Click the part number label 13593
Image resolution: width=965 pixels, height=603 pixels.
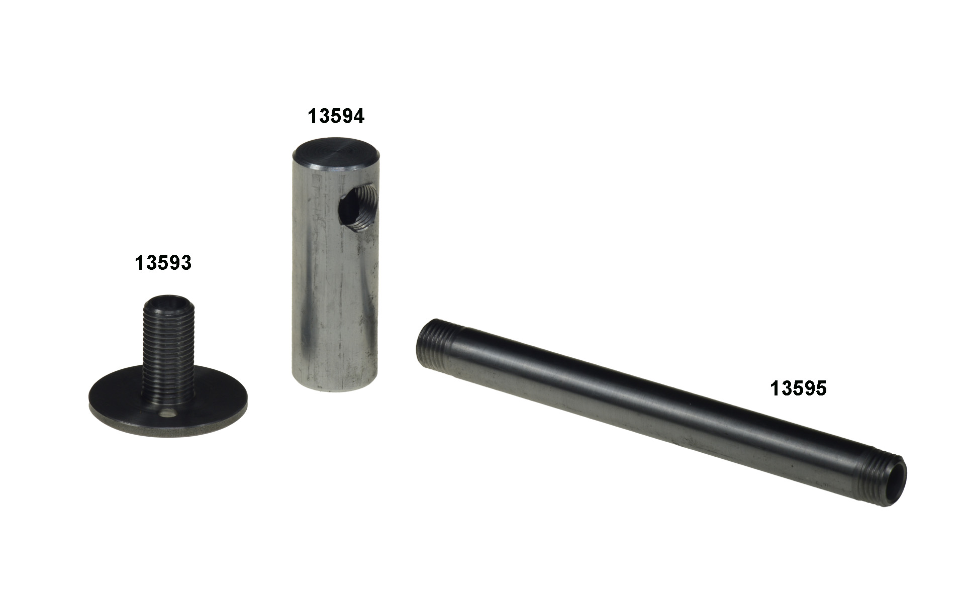[x=163, y=263]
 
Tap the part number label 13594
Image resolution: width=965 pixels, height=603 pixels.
[x=336, y=116]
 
